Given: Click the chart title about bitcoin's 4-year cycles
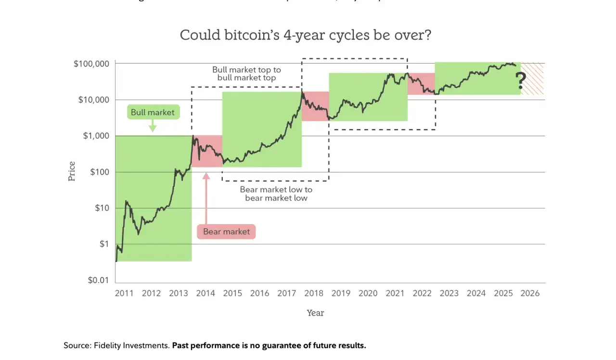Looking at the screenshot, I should click(x=305, y=35).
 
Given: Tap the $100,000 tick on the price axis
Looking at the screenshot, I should click(x=91, y=64).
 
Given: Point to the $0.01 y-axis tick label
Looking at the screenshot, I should click(x=98, y=280).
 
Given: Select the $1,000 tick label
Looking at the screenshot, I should click(x=96, y=136).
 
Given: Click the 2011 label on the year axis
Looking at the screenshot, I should click(x=125, y=293).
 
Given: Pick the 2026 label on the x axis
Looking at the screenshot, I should click(x=530, y=293).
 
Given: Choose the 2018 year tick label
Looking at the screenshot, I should click(x=314, y=293).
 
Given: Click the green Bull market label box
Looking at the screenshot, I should click(x=153, y=113).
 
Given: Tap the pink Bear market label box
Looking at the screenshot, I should click(x=226, y=231).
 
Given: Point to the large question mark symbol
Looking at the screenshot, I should click(x=520, y=81).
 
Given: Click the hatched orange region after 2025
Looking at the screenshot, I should click(x=533, y=78).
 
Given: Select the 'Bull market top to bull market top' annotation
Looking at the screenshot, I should click(x=246, y=74).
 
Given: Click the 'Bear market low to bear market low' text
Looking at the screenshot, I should click(x=276, y=193).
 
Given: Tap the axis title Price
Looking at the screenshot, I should click(x=72, y=171).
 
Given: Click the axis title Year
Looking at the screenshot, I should click(x=315, y=313).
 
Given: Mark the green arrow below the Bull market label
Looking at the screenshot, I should click(x=153, y=127).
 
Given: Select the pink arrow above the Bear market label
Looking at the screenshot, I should click(x=206, y=197).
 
